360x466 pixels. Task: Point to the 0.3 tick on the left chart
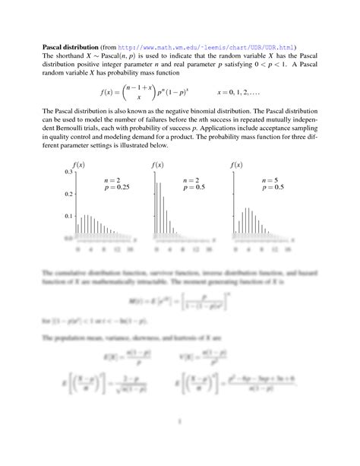(68, 173)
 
